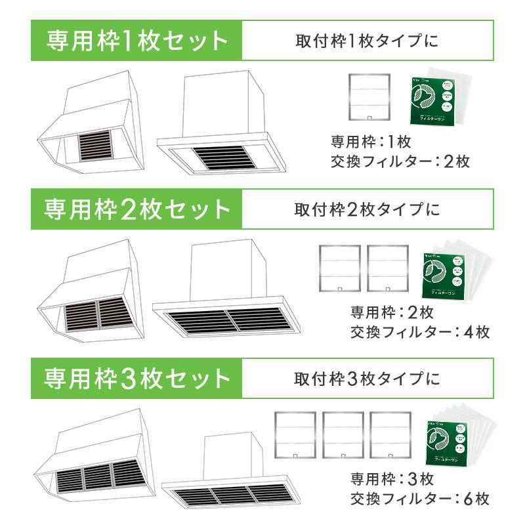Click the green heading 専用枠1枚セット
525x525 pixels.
coord(136,41)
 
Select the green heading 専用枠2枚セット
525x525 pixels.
coord(136,209)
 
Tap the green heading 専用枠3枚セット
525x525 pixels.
coord(136,379)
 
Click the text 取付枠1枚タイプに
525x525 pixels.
coord(366,41)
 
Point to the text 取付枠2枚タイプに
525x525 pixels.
coord(366,209)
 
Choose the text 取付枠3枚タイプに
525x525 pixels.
coord(366,379)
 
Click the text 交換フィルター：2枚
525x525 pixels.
coord(400,161)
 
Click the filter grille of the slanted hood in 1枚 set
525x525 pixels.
coord(96,146)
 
